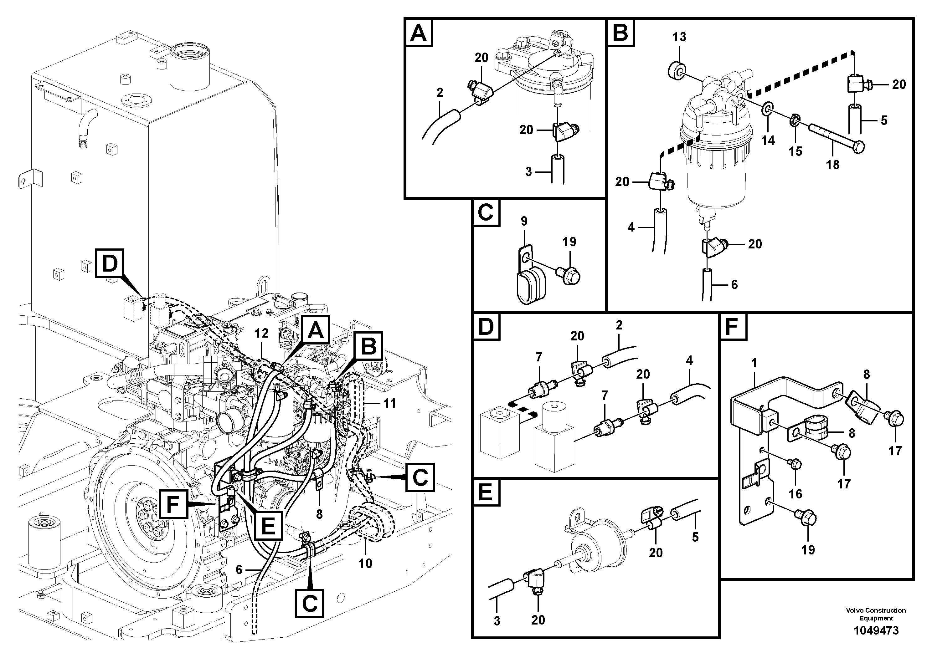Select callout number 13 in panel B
pos(679,37)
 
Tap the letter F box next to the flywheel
pos(173,504)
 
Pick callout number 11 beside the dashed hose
pos(389,403)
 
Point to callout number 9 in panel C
pos(524,221)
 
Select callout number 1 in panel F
pos(754,363)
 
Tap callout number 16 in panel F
pos(795,494)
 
